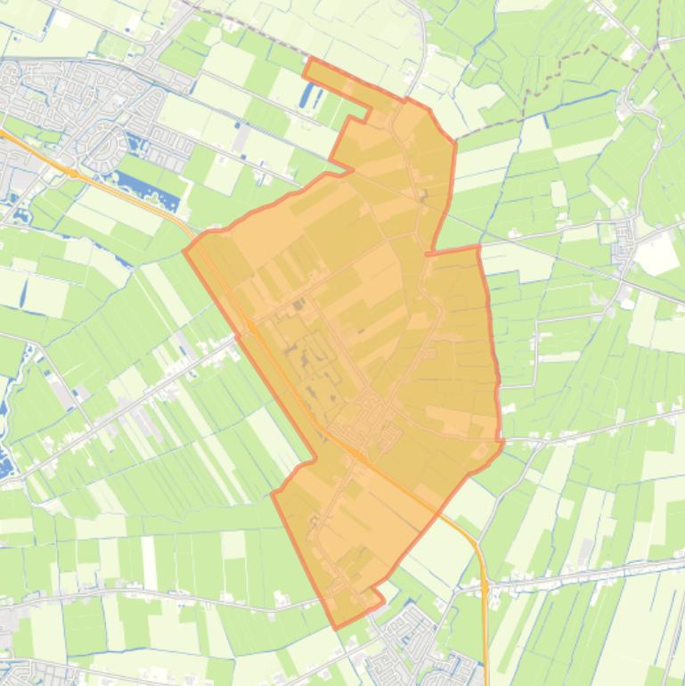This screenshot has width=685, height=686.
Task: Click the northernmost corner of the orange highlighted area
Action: (308, 59)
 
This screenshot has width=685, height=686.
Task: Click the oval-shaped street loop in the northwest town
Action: (105, 143)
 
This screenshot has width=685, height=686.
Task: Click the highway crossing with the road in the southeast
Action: (485, 588)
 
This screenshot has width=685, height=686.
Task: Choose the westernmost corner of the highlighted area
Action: (184, 250)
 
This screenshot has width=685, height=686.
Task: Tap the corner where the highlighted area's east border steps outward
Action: (478, 247)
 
